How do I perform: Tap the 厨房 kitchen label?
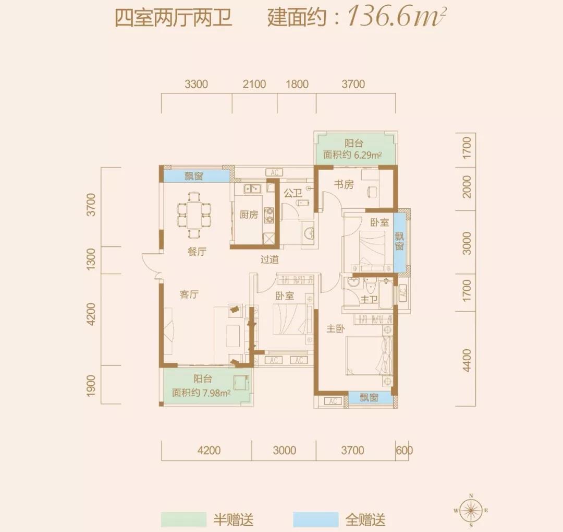click(x=249, y=215)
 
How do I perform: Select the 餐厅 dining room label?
click(x=197, y=252)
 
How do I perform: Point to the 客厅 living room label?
click(x=189, y=294)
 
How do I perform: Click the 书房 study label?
click(x=344, y=184)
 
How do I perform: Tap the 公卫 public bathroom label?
click(x=293, y=193)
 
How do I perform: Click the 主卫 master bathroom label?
click(x=369, y=299)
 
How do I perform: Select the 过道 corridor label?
click(x=270, y=259)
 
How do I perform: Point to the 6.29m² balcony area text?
click(x=353, y=155)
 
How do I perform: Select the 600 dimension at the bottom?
click(x=405, y=451)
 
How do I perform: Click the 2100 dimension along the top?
click(x=254, y=84)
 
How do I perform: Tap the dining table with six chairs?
click(x=194, y=213)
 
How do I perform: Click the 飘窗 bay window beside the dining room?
click(x=194, y=176)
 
